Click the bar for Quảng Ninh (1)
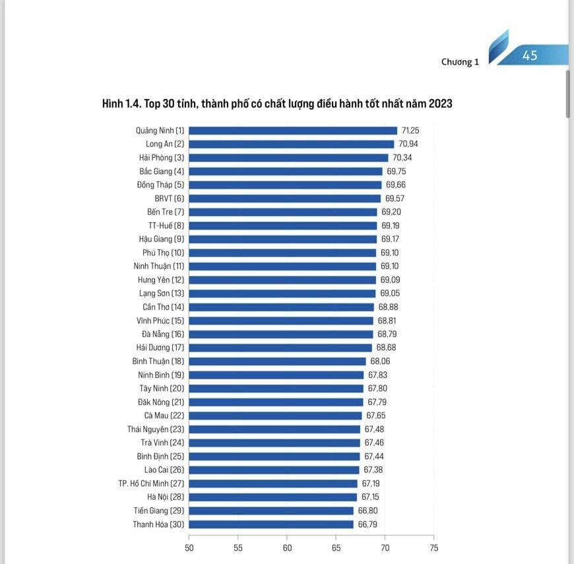click(x=293, y=131)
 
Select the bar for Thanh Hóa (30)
click(x=271, y=524)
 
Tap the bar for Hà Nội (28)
click(x=273, y=497)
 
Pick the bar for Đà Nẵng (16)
click(x=281, y=334)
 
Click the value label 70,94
click(x=407, y=144)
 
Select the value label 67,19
click(x=371, y=484)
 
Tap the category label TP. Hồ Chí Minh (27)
click(x=152, y=484)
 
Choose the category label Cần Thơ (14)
click(x=164, y=307)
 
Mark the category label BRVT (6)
click(x=170, y=199)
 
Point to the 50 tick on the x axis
click(x=189, y=547)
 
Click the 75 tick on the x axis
click(x=433, y=547)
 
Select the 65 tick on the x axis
click(x=336, y=547)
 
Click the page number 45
click(x=530, y=55)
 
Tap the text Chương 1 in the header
click(x=460, y=62)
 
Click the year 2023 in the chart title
click(x=440, y=104)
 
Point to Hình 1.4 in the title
click(x=120, y=104)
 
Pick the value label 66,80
click(x=367, y=511)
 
